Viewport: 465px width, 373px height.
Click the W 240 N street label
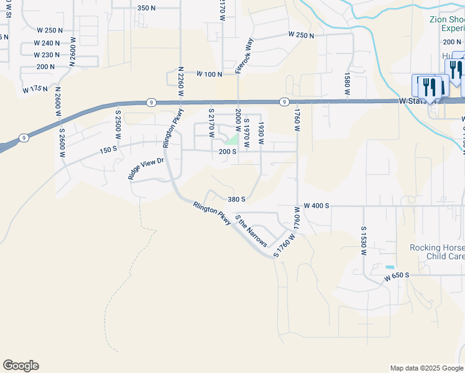pos(48,43)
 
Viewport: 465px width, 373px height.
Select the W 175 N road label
pos(35,90)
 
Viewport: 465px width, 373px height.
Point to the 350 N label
pos(146,8)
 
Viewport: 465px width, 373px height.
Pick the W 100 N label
pos(209,74)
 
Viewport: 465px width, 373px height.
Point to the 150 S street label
pos(108,150)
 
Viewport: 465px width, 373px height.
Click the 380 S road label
pos(237,200)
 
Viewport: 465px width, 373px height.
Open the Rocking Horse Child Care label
pos(436,252)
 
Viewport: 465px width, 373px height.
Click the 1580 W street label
pos(347,85)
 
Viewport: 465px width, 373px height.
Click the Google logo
pos(21,366)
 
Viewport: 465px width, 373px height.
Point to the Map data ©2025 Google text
pos(426,368)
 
